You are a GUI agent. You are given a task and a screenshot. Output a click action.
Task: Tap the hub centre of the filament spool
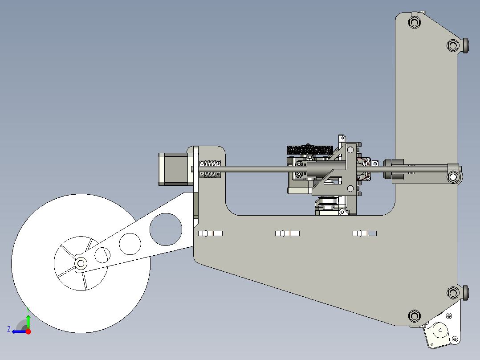coord(81,263)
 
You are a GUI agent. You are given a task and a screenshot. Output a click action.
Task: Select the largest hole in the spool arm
coord(166,229)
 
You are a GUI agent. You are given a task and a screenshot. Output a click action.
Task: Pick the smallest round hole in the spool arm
coord(102,255)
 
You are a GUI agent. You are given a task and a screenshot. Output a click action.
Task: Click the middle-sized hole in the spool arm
coord(130,244)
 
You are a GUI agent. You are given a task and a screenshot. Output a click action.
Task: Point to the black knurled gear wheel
coord(310,150)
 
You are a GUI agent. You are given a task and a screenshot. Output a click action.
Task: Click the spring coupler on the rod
coord(210,169)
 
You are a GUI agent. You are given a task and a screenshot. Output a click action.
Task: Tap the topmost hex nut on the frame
coord(414,22)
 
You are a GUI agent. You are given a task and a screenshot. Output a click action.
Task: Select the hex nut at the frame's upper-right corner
coord(453,45)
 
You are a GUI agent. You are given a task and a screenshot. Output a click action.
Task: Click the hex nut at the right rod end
coord(453,177)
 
